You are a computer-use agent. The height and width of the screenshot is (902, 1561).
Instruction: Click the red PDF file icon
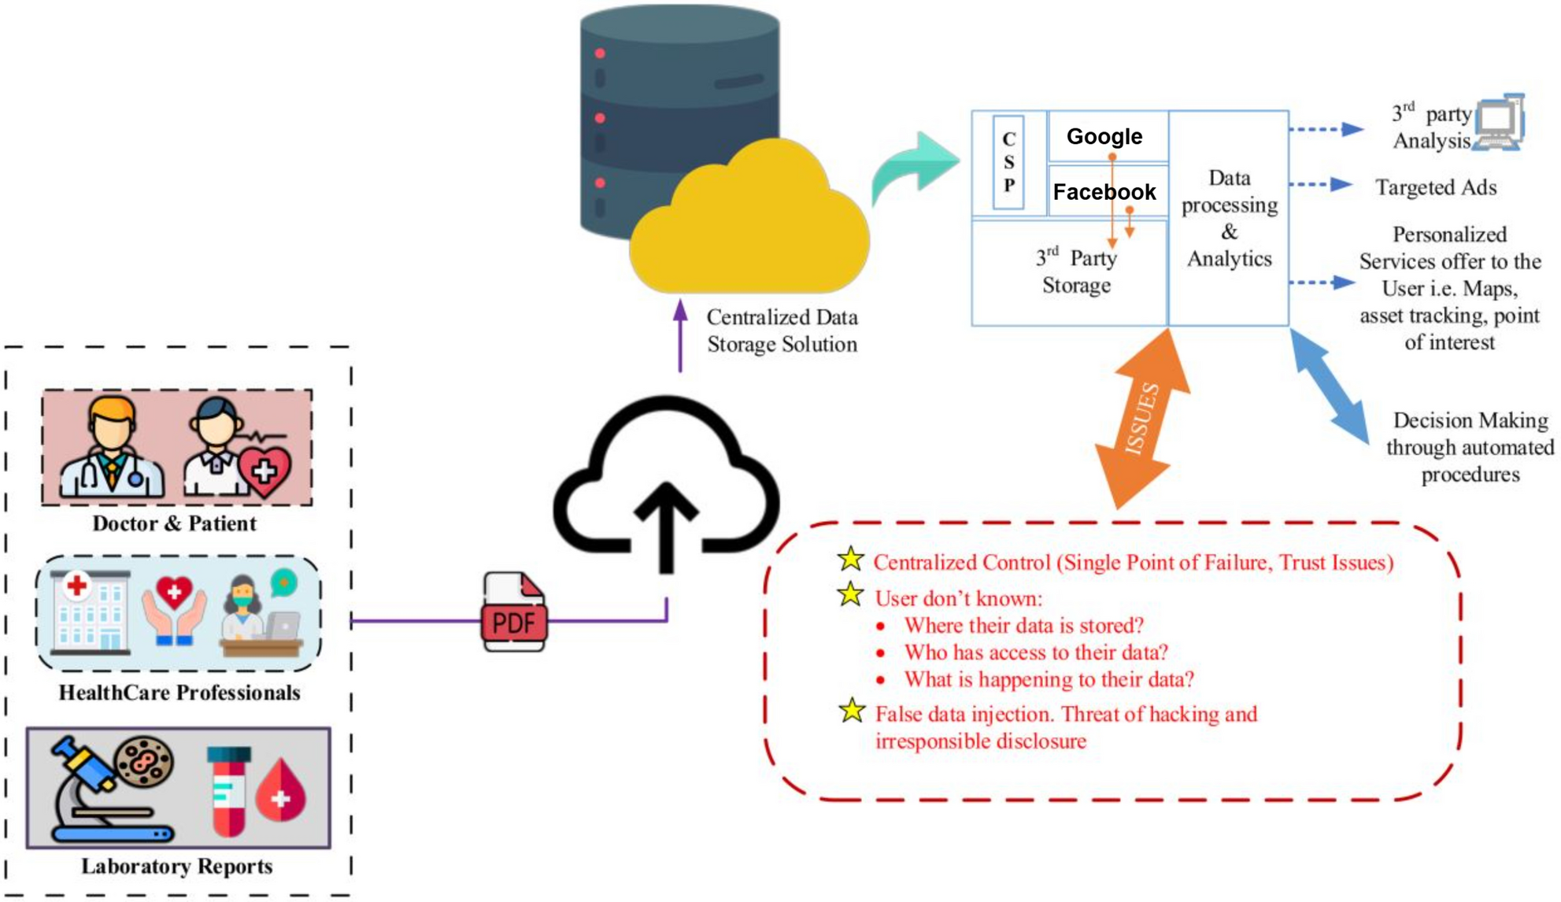(514, 612)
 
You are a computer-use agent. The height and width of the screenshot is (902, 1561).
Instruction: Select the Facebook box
(1105, 191)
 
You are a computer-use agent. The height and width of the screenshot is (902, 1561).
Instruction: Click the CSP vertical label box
(1008, 162)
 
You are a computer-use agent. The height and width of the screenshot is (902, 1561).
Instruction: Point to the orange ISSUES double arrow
(1142, 420)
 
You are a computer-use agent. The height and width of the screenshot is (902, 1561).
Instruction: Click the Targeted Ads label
(1435, 187)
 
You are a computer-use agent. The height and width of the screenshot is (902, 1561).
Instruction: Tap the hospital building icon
(90, 613)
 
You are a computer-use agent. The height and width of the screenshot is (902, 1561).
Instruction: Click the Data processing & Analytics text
(1229, 218)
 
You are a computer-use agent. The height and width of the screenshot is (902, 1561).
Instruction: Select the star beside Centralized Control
(850, 560)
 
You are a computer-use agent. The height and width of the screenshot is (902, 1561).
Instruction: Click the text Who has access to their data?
(1035, 652)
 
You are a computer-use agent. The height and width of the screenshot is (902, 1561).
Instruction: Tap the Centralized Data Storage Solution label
(781, 331)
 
